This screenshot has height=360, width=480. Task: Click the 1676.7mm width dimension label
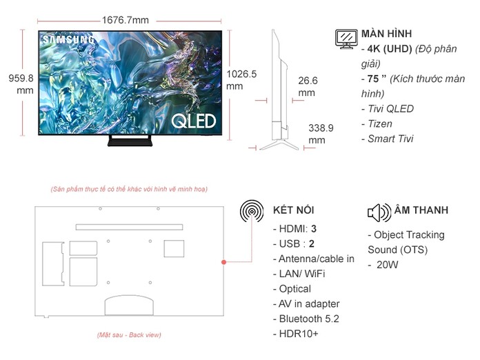(x=125, y=19)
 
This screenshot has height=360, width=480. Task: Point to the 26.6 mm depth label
(x=308, y=86)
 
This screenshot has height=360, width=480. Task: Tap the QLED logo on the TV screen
(x=194, y=121)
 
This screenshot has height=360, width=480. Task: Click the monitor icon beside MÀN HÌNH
(x=346, y=38)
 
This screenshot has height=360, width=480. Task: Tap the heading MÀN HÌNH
(x=386, y=34)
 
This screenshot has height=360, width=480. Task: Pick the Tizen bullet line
(x=377, y=124)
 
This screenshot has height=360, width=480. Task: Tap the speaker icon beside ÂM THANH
(x=379, y=212)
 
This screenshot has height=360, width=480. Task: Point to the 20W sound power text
(x=388, y=264)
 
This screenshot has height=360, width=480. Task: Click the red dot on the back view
(x=223, y=262)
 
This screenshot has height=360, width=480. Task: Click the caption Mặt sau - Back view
(x=129, y=335)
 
